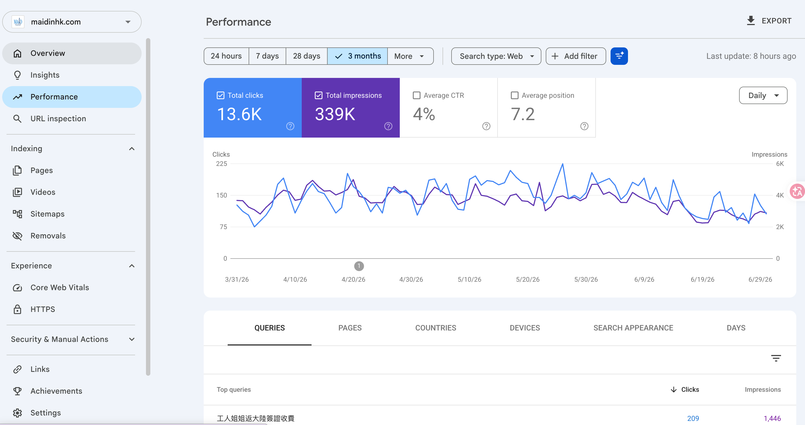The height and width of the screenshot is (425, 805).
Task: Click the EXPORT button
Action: coord(769,21)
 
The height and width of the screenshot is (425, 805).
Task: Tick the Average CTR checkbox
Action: coord(417,95)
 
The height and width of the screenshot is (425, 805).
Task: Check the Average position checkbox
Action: coord(514,95)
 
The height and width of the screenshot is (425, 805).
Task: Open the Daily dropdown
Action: coord(763,95)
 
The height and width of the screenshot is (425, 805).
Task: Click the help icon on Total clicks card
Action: coord(290,126)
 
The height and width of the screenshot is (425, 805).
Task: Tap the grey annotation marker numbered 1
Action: coord(359,266)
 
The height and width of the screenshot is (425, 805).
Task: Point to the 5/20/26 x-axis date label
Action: coord(527,279)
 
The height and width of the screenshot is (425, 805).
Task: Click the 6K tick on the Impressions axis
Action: coord(780,163)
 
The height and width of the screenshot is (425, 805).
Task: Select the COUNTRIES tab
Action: coord(436,328)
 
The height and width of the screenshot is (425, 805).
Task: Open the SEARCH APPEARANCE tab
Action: coord(633,328)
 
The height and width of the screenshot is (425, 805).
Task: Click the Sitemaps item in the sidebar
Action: coord(47,214)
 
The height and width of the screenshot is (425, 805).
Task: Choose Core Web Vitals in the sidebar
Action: coord(59,287)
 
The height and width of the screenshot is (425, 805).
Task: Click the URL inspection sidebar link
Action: coord(58,119)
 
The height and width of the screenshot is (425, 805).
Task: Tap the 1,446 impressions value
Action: coord(772,418)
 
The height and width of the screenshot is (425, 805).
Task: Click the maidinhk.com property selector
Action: coord(72,22)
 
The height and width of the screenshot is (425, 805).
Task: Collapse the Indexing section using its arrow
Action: coord(132,148)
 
